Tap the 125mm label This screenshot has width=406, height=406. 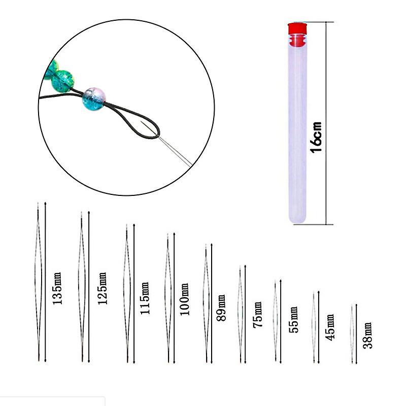coord(102,288)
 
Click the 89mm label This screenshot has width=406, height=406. coord(221,308)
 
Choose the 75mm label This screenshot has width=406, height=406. coord(258,315)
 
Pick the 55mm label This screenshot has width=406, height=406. coord(293,319)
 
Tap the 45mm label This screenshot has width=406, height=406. coord(330,327)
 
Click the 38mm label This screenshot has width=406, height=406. coord(368,335)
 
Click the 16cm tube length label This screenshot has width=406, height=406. coord(316,136)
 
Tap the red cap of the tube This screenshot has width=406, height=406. coord(298,29)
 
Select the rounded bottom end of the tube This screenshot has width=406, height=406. coord(298,218)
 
